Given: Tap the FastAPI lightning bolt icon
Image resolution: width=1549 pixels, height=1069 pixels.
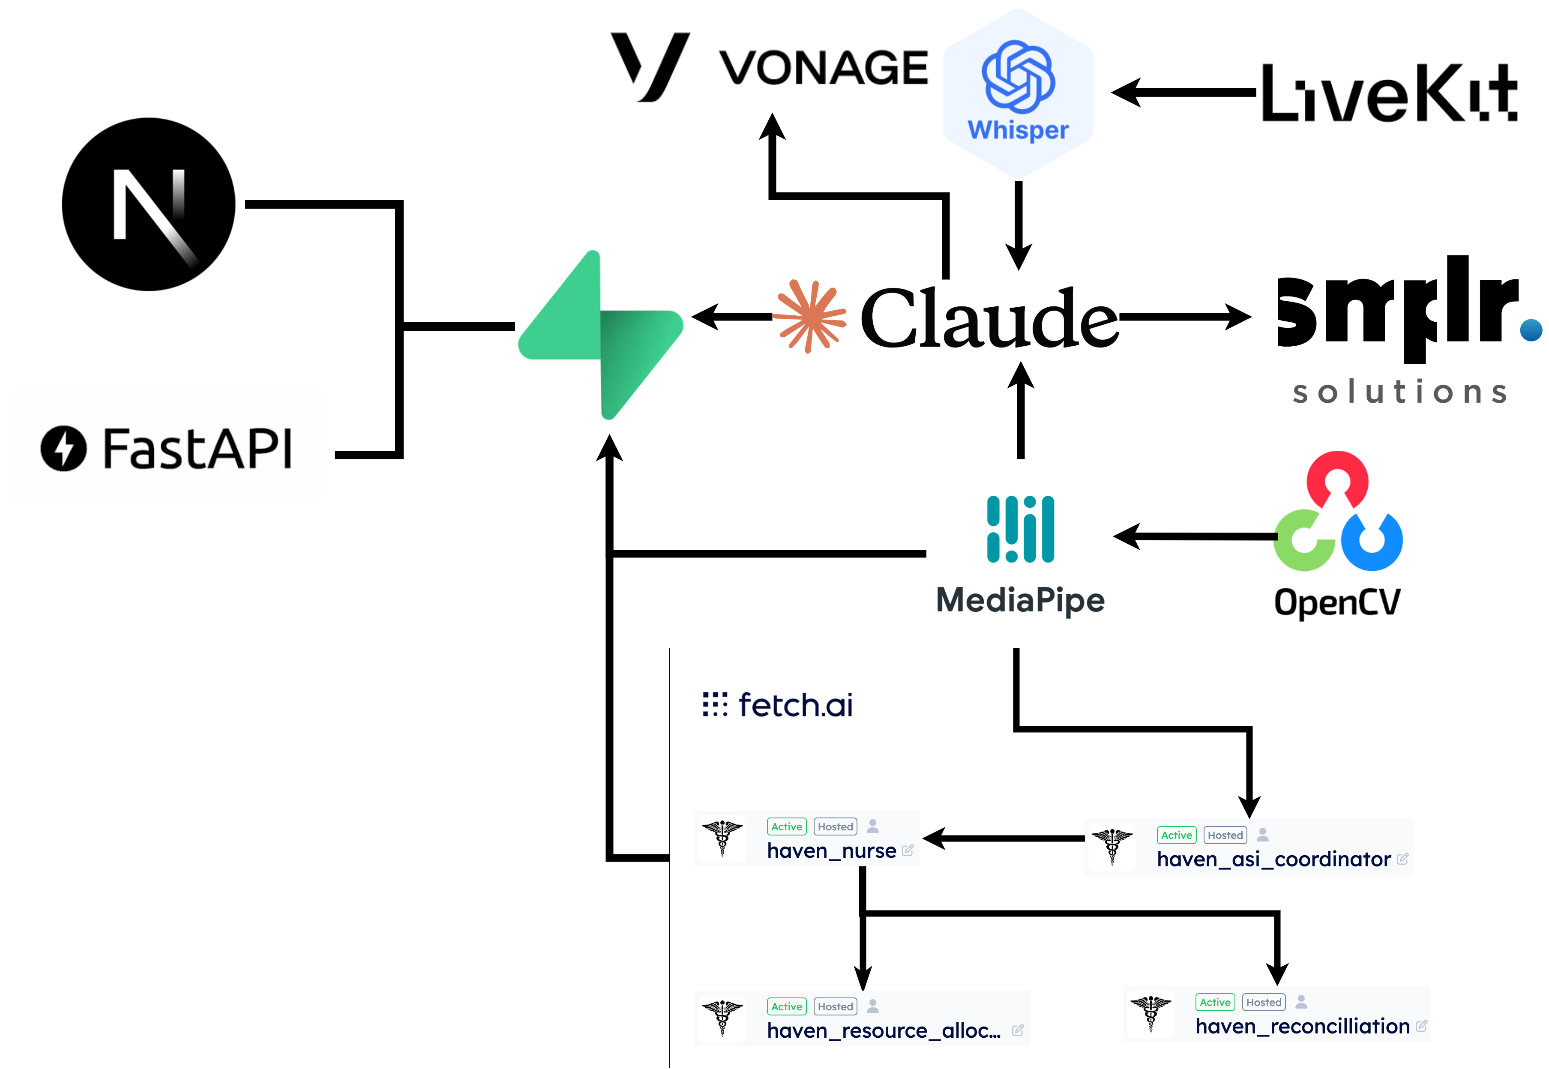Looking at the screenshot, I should [x=63, y=448].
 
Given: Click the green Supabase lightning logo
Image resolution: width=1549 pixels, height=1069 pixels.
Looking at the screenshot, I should [x=601, y=335].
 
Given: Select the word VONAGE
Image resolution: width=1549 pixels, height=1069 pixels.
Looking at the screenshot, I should [x=823, y=68].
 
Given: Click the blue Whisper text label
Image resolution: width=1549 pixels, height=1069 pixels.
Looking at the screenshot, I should [x=1018, y=130].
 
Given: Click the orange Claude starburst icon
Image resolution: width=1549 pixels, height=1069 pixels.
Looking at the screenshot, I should [x=809, y=316].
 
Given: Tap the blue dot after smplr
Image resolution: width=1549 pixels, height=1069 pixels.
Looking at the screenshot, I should [x=1531, y=330].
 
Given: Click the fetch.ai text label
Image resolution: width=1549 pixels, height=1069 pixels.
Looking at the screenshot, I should [x=795, y=705].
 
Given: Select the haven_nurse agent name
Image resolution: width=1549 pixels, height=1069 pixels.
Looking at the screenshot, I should [x=831, y=850].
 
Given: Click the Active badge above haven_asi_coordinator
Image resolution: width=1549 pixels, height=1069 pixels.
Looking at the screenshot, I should [x=1176, y=835].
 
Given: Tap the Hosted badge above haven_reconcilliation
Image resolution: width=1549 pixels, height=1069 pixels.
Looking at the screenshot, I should [x=1264, y=1002].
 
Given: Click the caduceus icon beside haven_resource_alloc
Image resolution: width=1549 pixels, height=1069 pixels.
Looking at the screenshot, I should [x=722, y=1018].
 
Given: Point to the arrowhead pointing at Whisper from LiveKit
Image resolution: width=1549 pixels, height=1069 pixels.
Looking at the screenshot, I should [x=1127, y=93].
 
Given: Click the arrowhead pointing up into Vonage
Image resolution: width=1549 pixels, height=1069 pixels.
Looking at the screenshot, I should [x=772, y=126].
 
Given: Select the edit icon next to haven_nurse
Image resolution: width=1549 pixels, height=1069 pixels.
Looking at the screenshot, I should [x=908, y=850].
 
